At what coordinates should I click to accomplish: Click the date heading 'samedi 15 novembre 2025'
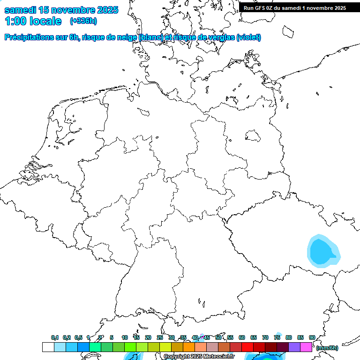tap(61, 10)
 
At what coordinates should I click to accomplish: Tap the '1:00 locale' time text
tap(33, 21)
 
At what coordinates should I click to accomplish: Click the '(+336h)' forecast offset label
tap(83, 21)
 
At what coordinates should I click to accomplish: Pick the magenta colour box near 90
tap(306, 347)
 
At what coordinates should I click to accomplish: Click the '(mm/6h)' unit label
tap(328, 348)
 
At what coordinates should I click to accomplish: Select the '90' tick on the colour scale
tap(312, 337)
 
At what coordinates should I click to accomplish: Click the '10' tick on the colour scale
tap(125, 337)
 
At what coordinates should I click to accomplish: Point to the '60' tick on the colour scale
tap(242, 337)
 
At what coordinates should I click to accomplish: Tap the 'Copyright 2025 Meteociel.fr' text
tap(199, 357)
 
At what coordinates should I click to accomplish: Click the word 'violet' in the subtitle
tap(248, 37)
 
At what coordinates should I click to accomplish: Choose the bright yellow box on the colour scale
tap(165, 347)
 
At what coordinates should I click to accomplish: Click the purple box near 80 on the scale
tap(294, 347)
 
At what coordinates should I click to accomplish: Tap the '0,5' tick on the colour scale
tap(78, 337)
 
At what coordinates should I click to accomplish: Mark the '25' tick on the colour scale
tap(160, 337)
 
